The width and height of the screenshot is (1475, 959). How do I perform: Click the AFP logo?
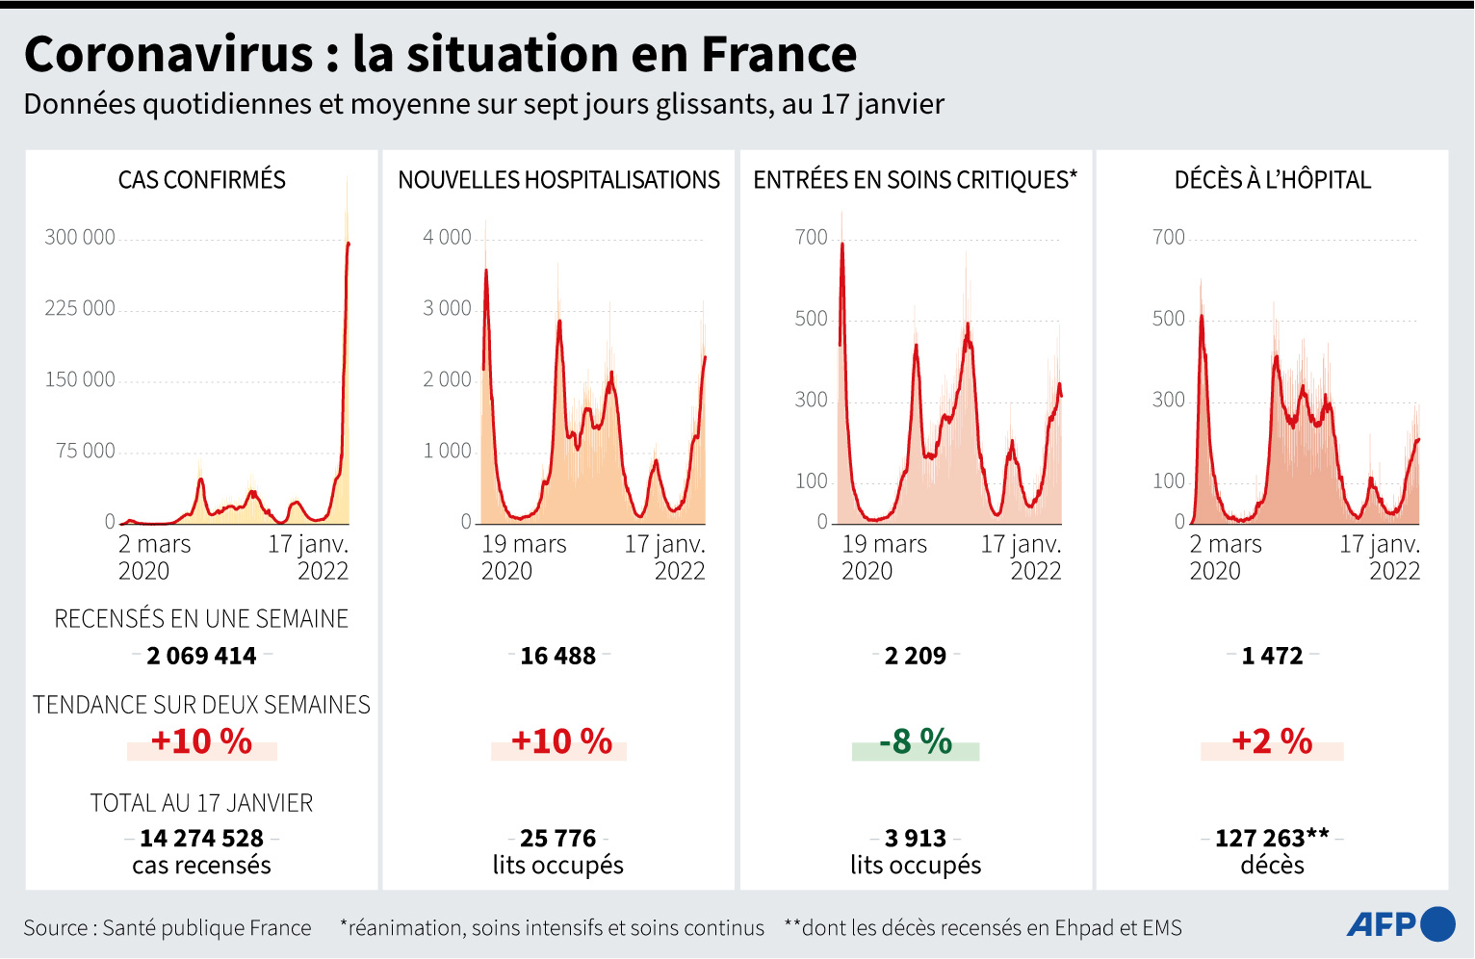1400,924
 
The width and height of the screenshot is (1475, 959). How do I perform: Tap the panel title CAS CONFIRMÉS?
202,180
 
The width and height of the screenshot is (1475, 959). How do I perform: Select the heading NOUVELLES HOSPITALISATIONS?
558,180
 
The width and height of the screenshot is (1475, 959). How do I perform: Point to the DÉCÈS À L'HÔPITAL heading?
1272,180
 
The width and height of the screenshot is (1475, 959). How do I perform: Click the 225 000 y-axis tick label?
80,308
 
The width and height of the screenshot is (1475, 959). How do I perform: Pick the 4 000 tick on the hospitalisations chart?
448,237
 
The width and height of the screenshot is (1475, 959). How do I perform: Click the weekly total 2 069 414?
201,656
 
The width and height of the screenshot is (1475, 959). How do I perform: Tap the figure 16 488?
558,656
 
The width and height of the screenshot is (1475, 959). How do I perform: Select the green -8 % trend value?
916,741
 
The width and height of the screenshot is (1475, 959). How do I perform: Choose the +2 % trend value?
1272,741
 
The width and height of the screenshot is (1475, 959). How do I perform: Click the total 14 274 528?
201,838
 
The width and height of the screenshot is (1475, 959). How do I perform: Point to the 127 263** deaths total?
1272,838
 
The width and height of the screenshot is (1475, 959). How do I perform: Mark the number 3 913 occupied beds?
916,838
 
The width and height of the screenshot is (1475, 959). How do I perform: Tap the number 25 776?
558,838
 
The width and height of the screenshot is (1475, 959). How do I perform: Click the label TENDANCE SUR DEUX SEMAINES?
201,705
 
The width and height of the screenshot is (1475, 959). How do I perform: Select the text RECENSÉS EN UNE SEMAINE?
201,618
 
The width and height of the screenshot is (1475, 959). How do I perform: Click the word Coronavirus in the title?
168,54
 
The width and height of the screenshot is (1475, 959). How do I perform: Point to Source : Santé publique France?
168,928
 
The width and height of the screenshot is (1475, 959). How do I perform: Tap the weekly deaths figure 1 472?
1272,656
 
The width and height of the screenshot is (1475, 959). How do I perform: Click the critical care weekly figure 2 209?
916,656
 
